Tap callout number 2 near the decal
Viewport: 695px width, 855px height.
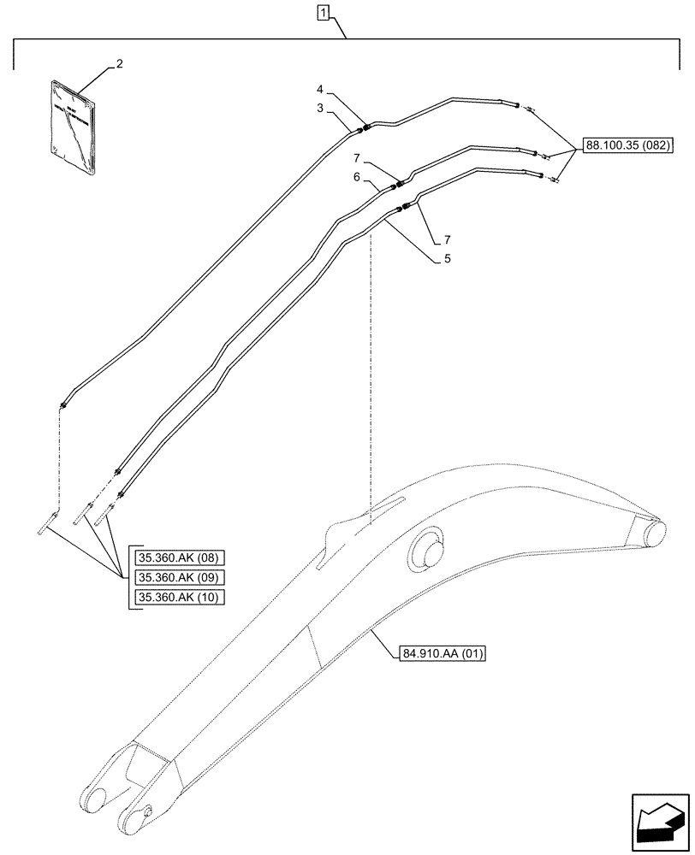119,64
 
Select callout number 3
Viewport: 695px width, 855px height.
319,109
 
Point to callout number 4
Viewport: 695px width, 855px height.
319,88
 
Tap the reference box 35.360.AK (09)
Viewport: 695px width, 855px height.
178,578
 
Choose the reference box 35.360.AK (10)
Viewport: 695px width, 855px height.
178,597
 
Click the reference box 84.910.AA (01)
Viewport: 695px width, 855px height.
443,655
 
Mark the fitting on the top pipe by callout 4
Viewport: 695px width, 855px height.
365,128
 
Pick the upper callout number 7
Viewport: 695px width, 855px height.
355,158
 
